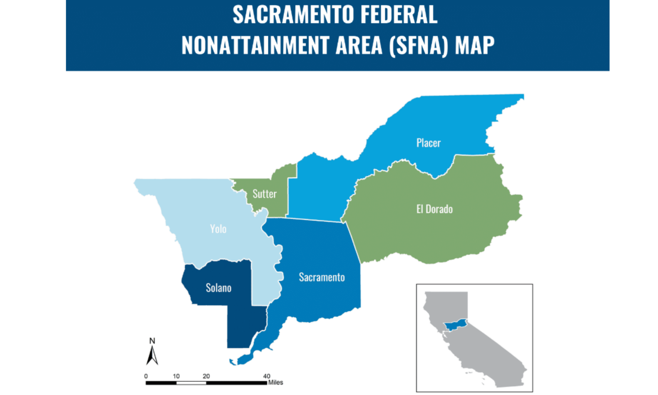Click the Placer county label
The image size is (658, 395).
tap(428, 143)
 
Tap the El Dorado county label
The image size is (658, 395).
tap(434, 209)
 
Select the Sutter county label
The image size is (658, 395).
tap(264, 194)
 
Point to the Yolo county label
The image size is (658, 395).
tap(218, 229)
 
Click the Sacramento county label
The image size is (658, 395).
tap(322, 277)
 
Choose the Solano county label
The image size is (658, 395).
tap(218, 288)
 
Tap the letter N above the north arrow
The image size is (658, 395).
tap(152, 341)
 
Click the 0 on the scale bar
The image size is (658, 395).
tap(146, 376)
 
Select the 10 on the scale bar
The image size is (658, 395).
tap(176, 376)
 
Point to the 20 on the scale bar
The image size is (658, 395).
tap(206, 376)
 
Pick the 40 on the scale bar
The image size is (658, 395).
tap(266, 376)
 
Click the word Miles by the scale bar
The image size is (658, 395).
tap(276, 383)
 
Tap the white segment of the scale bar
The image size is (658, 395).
tap(191, 383)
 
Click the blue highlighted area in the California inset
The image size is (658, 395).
tap(455, 325)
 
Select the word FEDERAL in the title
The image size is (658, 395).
tap(399, 15)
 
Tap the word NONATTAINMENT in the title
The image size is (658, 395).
tap(255, 45)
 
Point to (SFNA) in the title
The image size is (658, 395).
tap(419, 45)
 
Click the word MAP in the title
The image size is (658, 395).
tap(474, 45)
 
